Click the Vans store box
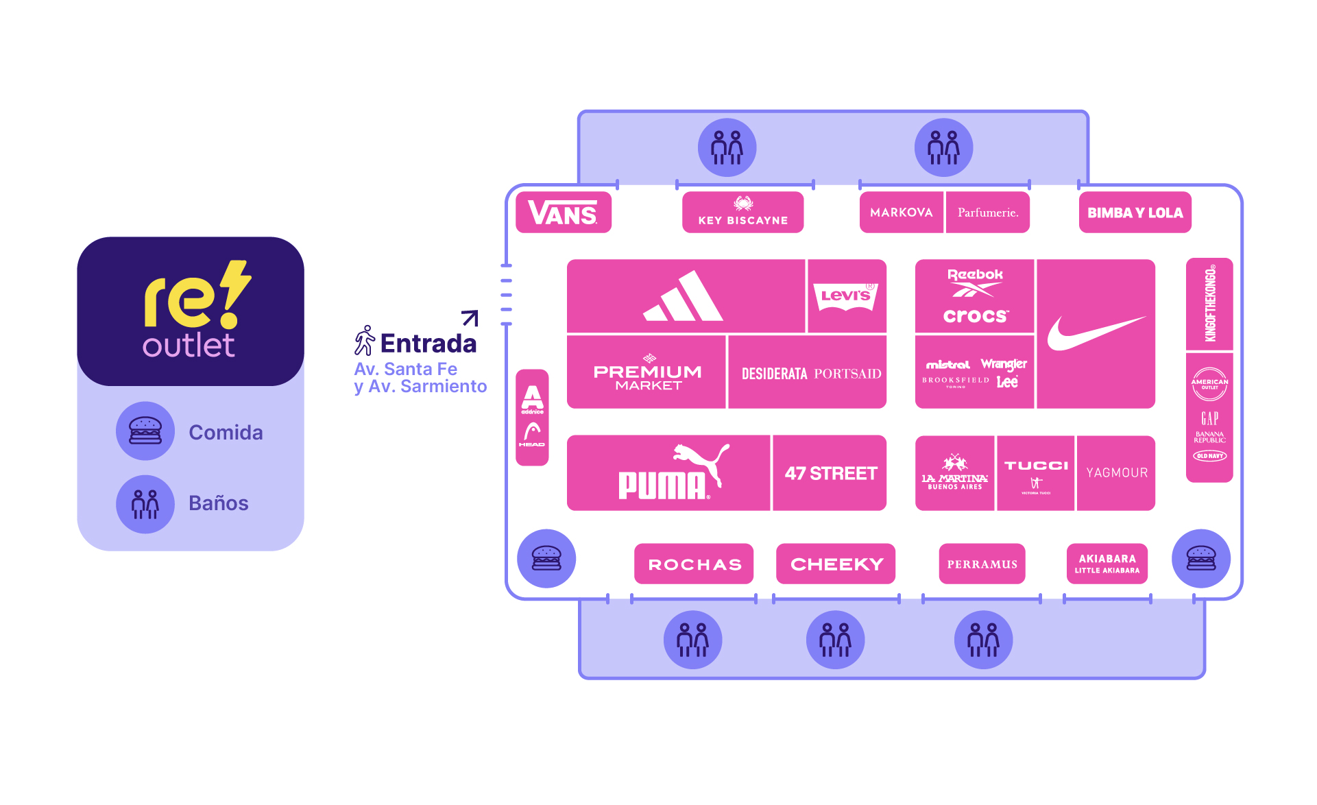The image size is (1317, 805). coord(563,213)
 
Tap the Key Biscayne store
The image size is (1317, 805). coord(742,212)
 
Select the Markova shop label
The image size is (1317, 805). coord(901,213)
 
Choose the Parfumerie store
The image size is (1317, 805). coord(987,213)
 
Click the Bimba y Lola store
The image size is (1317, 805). coord(1135,213)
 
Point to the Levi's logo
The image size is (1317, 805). coord(846,296)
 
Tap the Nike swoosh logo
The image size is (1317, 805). coord(1095,334)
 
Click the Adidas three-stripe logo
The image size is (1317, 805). coord(684,297)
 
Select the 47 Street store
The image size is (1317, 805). coord(830,473)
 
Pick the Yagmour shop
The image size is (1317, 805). coord(1116,473)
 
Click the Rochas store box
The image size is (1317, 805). coord(694,564)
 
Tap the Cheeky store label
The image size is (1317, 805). coord(836,564)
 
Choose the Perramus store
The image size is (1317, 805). coord(982,564)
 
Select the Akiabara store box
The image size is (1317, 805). coord(1107,564)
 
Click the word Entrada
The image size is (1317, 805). coord(428,344)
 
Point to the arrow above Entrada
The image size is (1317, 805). coord(470,317)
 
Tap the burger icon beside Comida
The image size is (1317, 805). coord(145,431)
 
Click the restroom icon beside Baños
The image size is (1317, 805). coord(145,504)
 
